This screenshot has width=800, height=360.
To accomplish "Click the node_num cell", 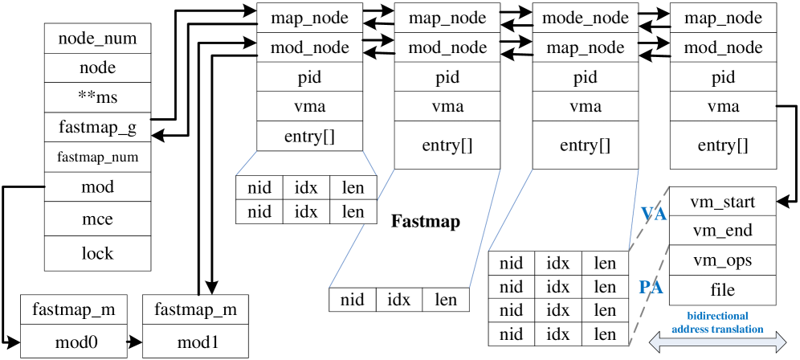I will click(97, 39).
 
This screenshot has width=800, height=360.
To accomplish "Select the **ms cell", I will click(97, 97).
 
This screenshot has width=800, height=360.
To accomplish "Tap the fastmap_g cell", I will click(97, 127).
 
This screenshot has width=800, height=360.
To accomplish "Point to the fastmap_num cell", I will click(97, 157).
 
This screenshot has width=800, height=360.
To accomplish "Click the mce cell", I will click(97, 219).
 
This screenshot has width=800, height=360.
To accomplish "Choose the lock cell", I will click(97, 253).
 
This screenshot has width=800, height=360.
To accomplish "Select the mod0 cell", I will click(76, 342).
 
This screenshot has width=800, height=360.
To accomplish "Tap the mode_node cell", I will click(586, 18).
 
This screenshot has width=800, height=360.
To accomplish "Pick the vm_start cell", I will click(722, 202).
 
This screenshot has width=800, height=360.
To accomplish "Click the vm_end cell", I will click(722, 231).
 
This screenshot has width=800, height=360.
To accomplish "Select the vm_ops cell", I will click(722, 260).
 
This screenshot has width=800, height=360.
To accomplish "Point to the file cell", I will click(722, 289).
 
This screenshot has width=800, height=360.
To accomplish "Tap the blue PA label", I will click(651, 287).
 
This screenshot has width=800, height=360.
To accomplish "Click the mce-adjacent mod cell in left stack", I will click(97, 187).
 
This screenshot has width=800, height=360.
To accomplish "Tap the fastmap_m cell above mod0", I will click(76, 309).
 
